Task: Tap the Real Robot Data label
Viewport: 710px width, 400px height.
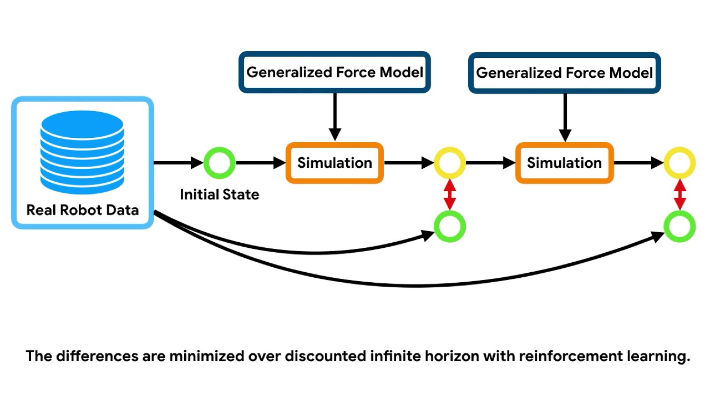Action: click(82, 211)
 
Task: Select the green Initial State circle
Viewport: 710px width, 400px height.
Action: click(220, 163)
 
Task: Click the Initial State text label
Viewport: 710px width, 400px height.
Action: click(219, 194)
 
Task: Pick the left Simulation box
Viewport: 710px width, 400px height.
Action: click(334, 163)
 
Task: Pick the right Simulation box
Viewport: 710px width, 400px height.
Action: click(564, 163)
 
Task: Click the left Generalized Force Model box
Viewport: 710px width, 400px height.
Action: click(334, 72)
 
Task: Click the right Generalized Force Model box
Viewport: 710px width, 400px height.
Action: click(564, 72)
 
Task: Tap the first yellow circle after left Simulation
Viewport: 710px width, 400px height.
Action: click(449, 163)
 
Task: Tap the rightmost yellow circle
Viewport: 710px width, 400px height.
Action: click(679, 163)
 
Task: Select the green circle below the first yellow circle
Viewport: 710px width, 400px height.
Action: click(449, 227)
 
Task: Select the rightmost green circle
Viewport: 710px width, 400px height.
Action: click(679, 227)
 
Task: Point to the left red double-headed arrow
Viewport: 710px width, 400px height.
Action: click(449, 194)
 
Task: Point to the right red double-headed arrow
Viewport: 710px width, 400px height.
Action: click(679, 194)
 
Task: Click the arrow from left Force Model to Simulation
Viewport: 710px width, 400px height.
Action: click(334, 117)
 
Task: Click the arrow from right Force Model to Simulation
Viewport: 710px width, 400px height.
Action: click(565, 117)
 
